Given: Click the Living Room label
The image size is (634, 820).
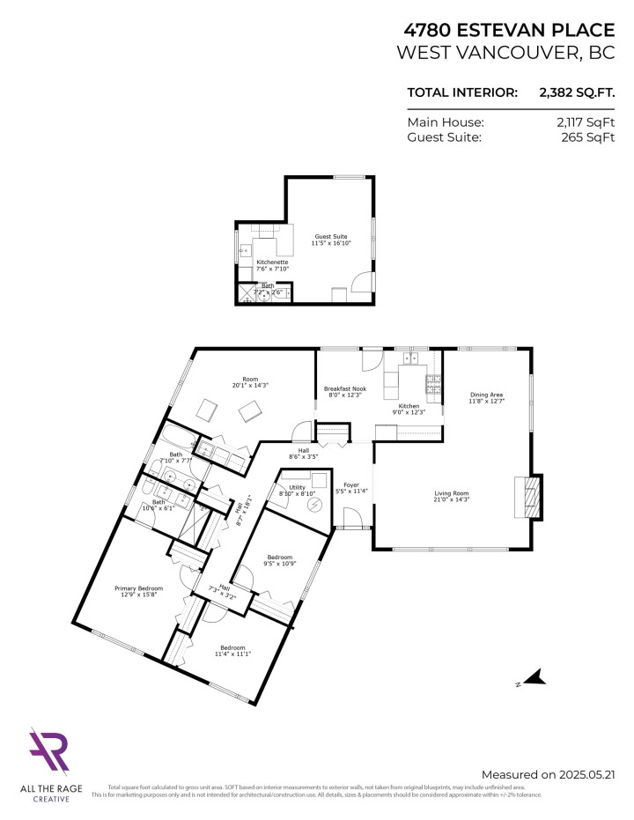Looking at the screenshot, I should (451, 497).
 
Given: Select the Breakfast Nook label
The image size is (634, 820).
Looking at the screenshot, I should (345, 392).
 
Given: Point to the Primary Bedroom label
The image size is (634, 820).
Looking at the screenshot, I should (138, 591).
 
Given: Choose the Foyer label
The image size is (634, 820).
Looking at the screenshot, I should (352, 488).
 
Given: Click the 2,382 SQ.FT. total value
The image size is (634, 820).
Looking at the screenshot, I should (576, 92).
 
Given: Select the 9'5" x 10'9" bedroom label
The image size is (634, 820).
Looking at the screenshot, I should (281, 561).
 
